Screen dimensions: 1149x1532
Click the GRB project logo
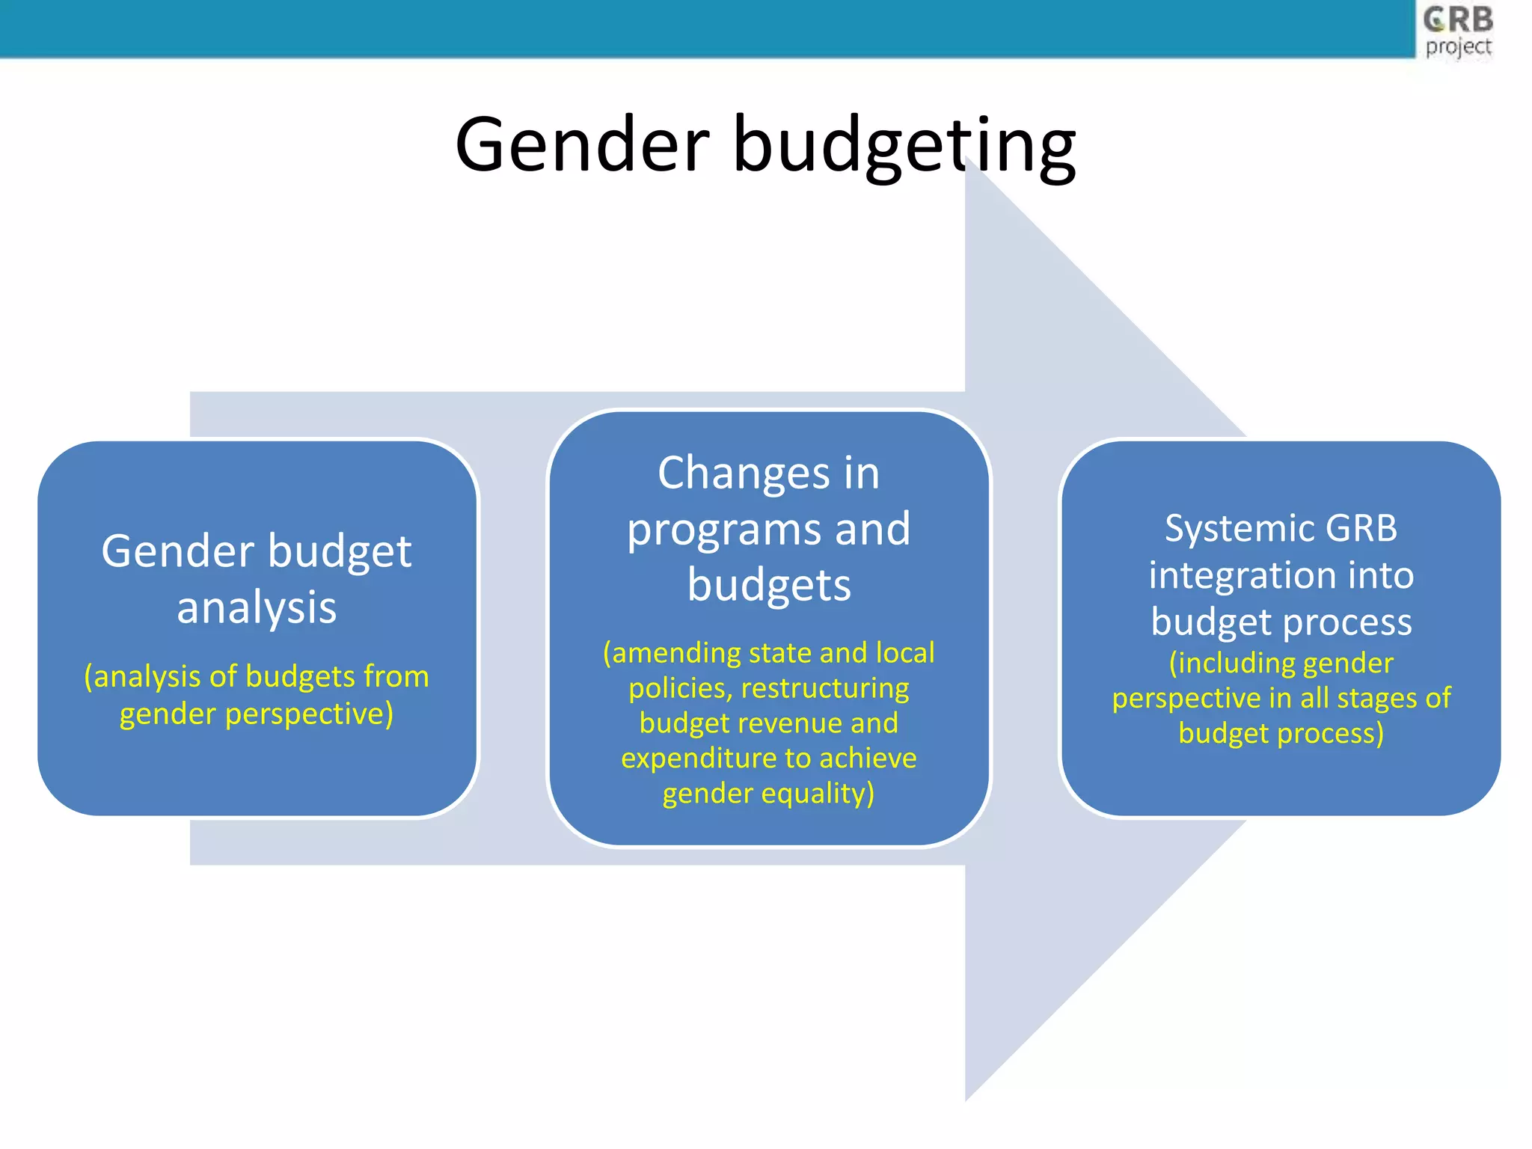coord(1457,31)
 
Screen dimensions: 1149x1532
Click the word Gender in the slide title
coord(582,144)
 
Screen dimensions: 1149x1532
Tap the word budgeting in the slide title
coord(904,146)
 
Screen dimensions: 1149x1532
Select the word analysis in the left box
coord(257,607)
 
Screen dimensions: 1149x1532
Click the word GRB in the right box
coord(1361,528)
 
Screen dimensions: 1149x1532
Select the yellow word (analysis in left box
coord(142,677)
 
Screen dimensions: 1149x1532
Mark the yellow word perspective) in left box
coord(309,714)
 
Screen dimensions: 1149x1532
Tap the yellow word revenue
coord(792,723)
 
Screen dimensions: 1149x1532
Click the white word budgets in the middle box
coord(769,586)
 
